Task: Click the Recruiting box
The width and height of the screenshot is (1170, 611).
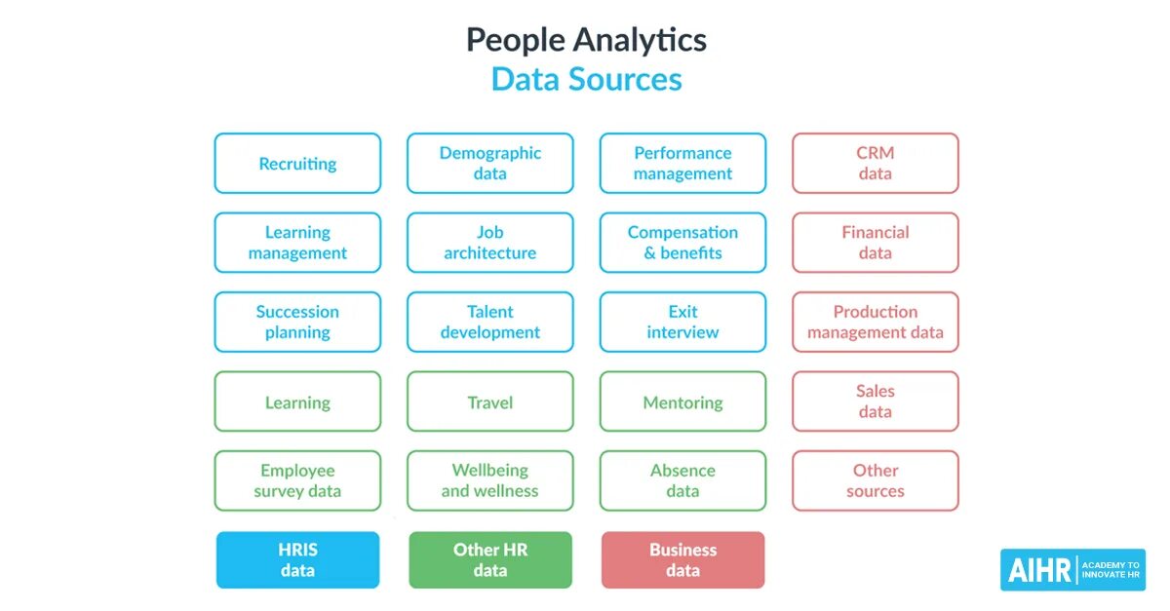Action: [297, 164]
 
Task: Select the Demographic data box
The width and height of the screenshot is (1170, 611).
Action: [489, 164]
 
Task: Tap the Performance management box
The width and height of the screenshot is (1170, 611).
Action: [682, 164]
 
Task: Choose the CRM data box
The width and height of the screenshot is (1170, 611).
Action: [875, 164]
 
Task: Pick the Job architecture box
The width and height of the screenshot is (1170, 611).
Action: [489, 243]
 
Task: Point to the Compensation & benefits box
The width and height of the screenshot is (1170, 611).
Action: [682, 243]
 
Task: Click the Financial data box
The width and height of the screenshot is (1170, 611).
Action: [875, 243]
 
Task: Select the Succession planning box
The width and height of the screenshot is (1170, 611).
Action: [297, 322]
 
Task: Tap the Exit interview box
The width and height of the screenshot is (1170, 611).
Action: [682, 322]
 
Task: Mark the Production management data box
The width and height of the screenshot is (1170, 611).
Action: [875, 322]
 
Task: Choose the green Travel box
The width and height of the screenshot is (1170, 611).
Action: [489, 401]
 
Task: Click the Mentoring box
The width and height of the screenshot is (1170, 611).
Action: [682, 401]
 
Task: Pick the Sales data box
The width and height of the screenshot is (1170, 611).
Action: [875, 401]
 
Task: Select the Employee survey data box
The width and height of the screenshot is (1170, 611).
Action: [297, 480]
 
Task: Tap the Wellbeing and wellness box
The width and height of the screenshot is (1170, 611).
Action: [489, 480]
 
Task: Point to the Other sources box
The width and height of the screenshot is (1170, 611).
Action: [875, 480]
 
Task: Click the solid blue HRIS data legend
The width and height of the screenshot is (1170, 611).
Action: [297, 559]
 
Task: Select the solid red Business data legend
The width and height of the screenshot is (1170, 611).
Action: [682, 559]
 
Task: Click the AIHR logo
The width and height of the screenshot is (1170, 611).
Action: [1072, 570]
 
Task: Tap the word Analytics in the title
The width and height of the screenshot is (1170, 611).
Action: [640, 40]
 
